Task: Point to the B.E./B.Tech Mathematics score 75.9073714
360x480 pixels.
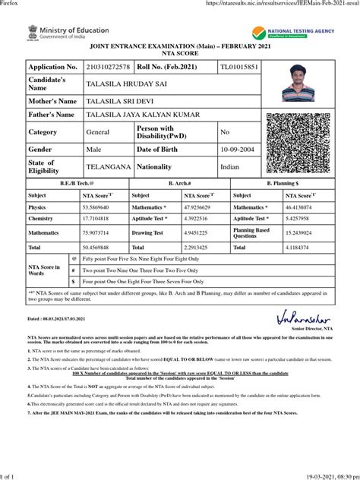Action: pos(100,233)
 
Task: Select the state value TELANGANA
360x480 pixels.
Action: pos(106,166)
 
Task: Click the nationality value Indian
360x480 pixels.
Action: pos(229,166)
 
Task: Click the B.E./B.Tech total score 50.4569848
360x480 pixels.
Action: pos(100,248)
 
